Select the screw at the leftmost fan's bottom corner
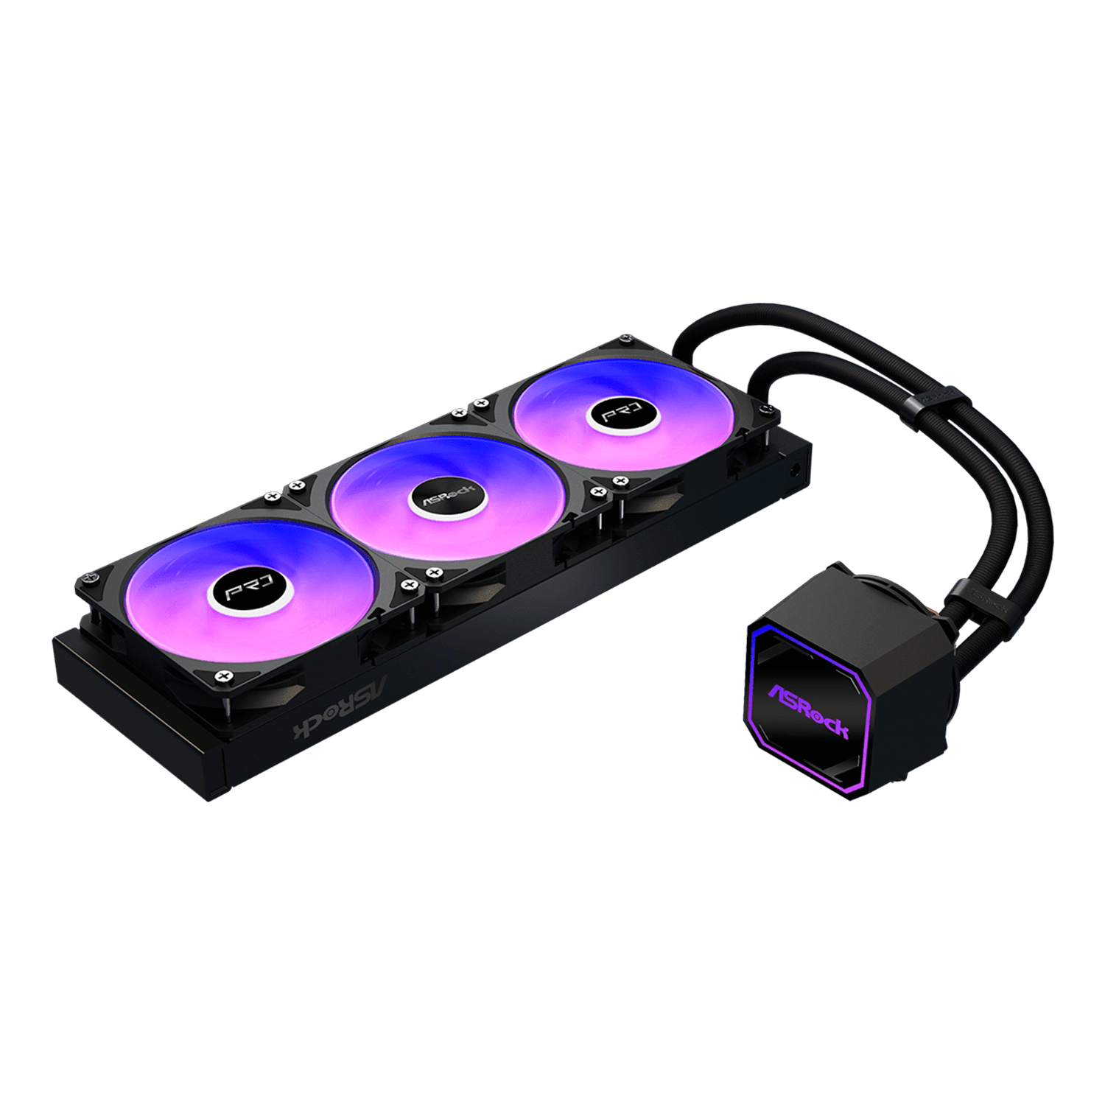coord(220,676)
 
